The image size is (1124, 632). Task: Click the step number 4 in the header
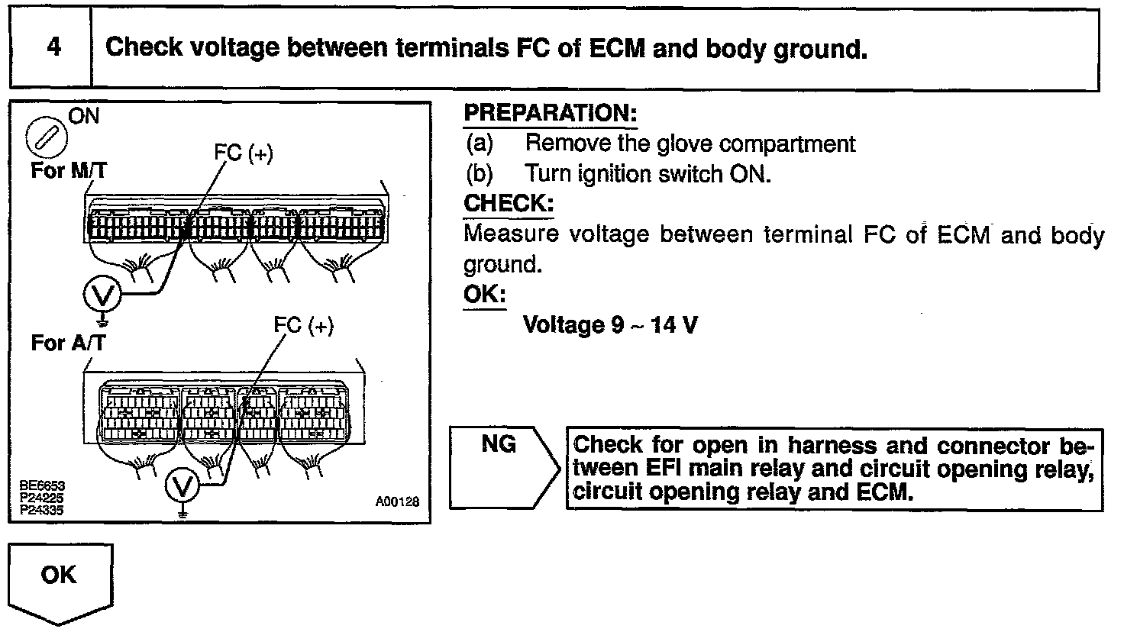click(53, 47)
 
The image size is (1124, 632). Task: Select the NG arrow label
click(499, 444)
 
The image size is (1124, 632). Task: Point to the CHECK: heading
click(508, 204)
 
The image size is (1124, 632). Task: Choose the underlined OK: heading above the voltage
click(484, 294)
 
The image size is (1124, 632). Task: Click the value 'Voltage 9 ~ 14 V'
click(609, 325)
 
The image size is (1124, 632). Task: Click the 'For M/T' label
click(67, 169)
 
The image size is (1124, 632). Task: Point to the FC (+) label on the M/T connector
click(244, 153)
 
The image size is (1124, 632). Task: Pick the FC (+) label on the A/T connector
click(304, 327)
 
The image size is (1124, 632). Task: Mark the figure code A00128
click(397, 501)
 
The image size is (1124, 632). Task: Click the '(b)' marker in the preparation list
click(480, 174)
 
